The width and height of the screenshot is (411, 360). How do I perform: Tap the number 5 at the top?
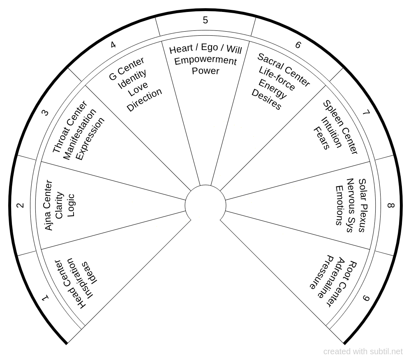pyautogui.click(x=205, y=20)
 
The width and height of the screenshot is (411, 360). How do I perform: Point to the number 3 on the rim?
pyautogui.click(x=46, y=112)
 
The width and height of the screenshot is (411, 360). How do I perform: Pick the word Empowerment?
pyautogui.click(x=205, y=60)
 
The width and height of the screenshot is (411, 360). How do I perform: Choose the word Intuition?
pyautogui.click(x=331, y=132)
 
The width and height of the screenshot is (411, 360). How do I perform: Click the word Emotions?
pyautogui.click(x=339, y=205)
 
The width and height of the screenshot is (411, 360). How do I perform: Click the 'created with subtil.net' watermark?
pyautogui.click(x=363, y=352)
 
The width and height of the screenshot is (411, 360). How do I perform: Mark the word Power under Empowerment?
pyautogui.click(x=205, y=71)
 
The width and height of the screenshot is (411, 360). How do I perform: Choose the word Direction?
pyautogui.click(x=144, y=100)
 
